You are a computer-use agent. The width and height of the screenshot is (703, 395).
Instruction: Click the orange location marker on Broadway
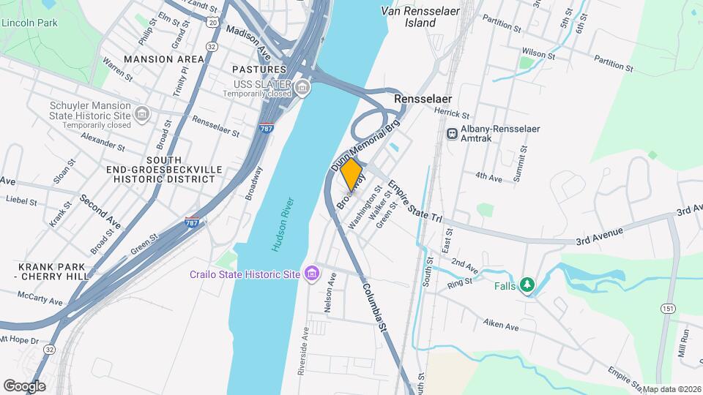pos(352,174)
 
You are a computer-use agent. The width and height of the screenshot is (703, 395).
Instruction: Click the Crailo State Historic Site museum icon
pos(313,274)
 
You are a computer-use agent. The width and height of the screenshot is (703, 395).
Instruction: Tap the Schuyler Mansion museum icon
pos(142,114)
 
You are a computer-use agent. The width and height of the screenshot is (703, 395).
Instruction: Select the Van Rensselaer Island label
pos(419,17)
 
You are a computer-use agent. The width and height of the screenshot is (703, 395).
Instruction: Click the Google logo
pos(24,385)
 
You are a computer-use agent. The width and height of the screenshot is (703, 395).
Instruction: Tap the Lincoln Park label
pos(29,23)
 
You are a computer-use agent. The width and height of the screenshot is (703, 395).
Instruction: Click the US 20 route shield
pos(212,23)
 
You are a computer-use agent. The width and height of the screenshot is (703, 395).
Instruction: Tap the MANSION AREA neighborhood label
pos(163,59)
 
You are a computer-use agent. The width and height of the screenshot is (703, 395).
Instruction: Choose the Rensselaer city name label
pos(423,98)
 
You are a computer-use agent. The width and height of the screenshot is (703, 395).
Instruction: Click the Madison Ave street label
pos(249,42)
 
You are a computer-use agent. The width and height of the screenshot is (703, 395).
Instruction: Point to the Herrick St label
pos(451,113)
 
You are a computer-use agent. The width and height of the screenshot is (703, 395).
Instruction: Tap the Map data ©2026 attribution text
pos(670,389)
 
